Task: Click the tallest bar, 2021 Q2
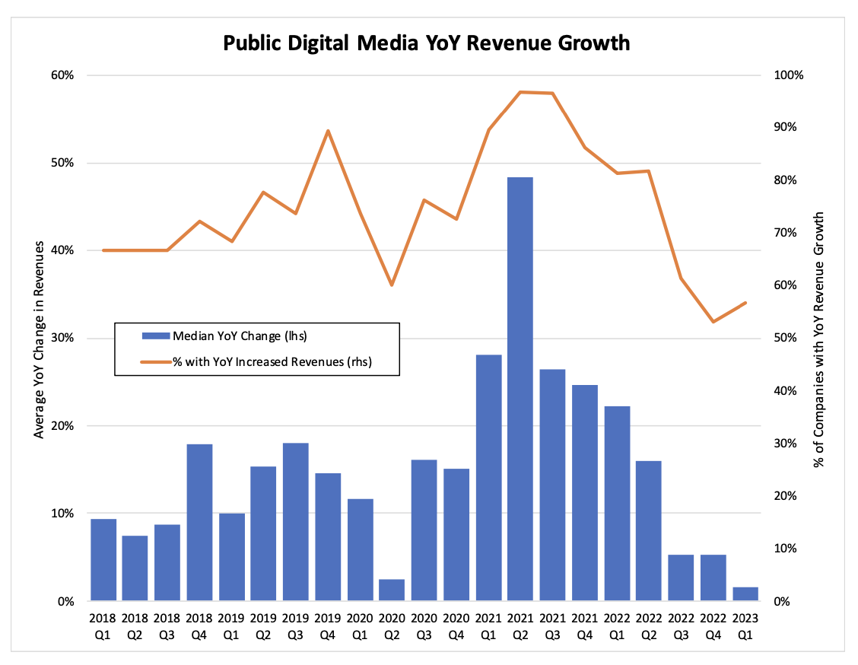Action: click(520, 389)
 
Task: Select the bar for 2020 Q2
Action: click(392, 590)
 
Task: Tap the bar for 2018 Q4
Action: click(199, 522)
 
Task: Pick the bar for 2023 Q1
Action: click(745, 594)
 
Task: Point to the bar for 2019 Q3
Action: click(296, 522)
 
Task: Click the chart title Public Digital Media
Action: click(426, 43)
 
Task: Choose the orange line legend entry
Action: click(259, 362)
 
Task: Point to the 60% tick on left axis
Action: click(62, 75)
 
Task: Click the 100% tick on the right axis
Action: click(789, 75)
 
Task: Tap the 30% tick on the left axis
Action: click(62, 339)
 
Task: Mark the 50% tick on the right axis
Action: click(786, 339)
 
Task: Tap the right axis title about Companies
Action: click(821, 339)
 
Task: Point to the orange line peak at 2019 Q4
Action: click(328, 131)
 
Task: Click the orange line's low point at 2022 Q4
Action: click(713, 322)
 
